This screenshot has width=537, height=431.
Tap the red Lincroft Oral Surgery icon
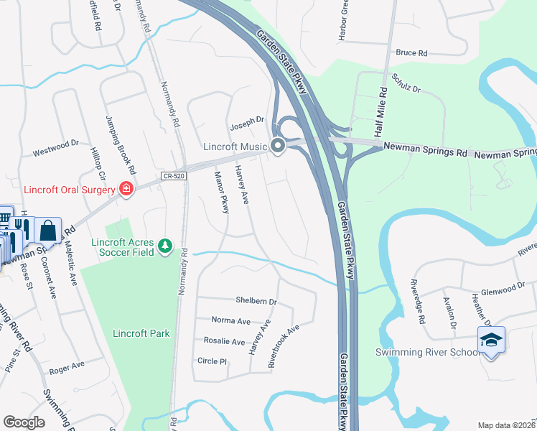[x=127, y=189]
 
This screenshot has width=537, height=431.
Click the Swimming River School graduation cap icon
[x=491, y=340]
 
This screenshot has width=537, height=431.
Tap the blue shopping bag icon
[x=47, y=231]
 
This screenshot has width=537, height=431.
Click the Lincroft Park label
[x=141, y=333]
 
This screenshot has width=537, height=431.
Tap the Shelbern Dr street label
[x=256, y=301]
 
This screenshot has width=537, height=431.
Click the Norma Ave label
[x=231, y=320]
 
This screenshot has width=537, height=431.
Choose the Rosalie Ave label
[x=224, y=341]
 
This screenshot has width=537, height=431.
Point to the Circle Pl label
[x=212, y=361]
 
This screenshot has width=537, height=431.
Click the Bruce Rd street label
[x=411, y=53]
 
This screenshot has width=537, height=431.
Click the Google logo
[x=24, y=422]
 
